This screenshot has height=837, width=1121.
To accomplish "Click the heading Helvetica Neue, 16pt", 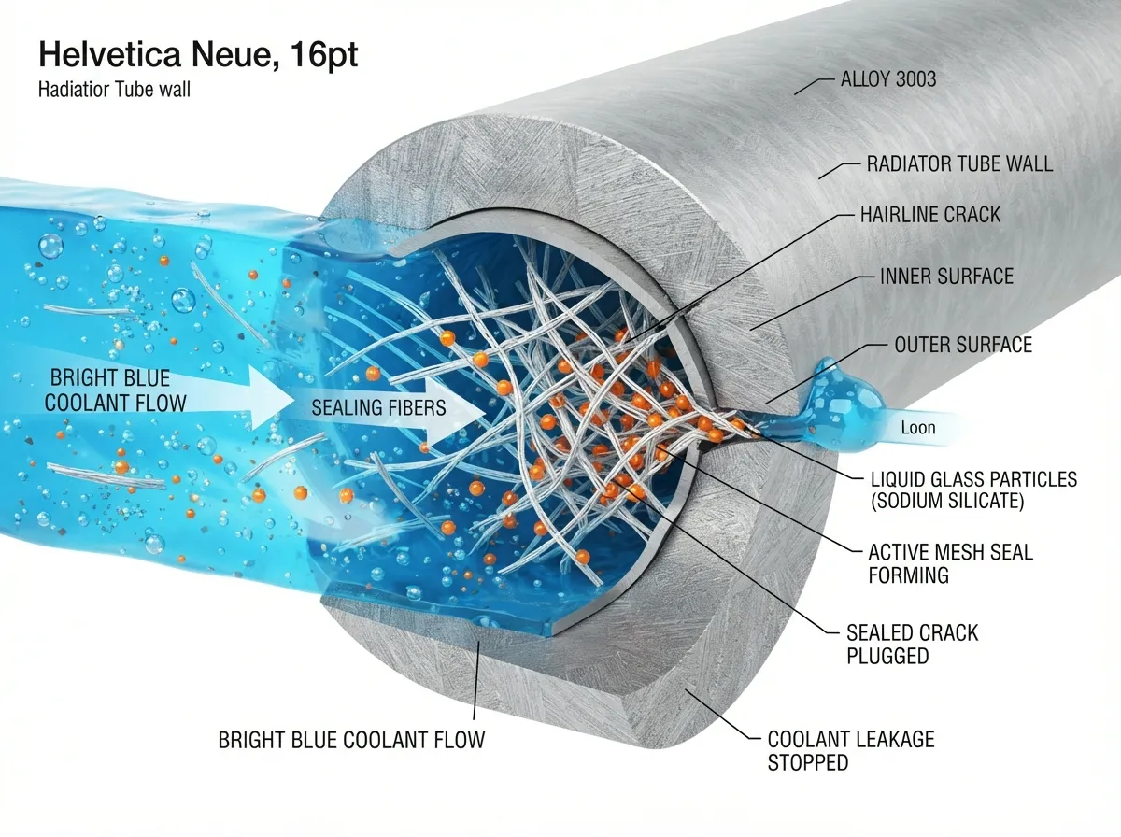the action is [198, 55].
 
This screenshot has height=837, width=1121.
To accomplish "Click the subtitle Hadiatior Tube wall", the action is [114, 90].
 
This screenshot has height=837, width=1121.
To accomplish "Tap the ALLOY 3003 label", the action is [888, 79].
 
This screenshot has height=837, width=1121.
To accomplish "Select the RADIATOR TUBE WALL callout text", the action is [959, 163].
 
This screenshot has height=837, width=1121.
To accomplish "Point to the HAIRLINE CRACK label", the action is [930, 215].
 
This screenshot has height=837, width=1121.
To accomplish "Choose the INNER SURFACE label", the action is [946, 277].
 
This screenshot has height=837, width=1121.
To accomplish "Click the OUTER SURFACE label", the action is [963, 345].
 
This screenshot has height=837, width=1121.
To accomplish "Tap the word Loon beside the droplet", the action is [917, 428].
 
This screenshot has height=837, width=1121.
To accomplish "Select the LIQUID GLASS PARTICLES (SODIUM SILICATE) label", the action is [974, 490].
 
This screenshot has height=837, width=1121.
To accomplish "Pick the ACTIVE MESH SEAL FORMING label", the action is [950, 564].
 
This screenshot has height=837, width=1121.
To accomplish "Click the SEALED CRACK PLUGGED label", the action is [912, 645].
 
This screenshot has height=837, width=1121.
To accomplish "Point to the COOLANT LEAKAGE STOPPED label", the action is [851, 751].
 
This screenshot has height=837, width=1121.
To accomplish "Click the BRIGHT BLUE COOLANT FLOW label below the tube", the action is [351, 740].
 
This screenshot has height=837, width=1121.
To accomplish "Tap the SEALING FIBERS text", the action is [378, 408].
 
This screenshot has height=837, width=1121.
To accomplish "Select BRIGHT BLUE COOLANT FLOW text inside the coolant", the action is [115, 390].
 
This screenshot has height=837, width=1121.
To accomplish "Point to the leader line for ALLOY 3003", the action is [815, 87].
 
